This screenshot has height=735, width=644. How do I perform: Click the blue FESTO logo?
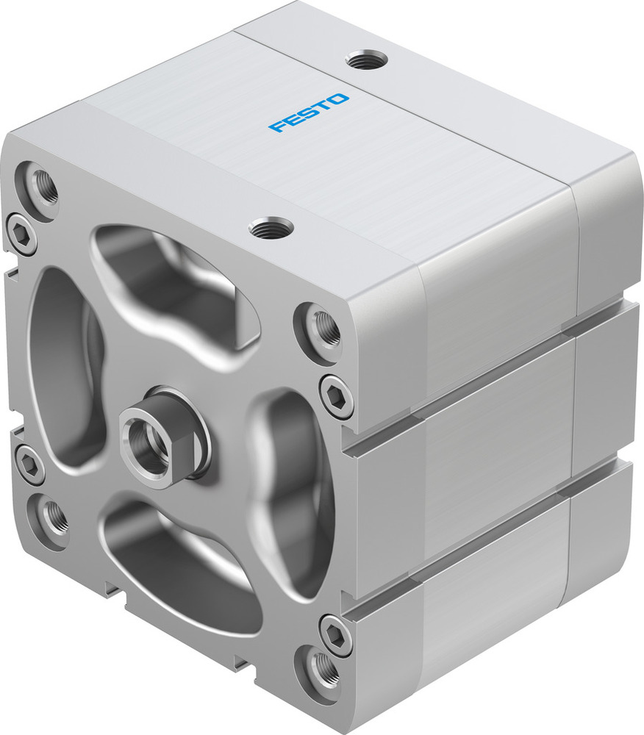(x=309, y=112)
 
